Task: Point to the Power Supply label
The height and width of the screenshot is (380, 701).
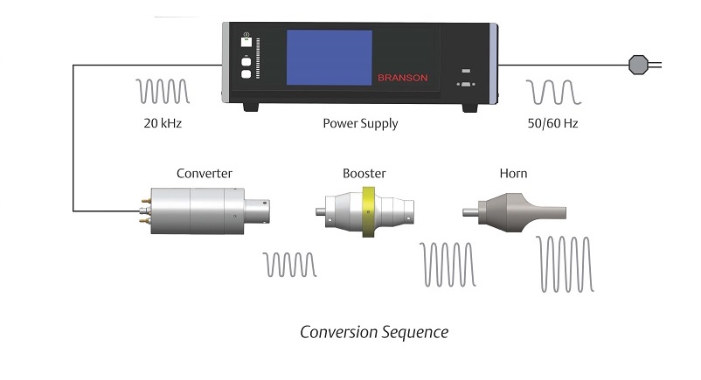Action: pyautogui.click(x=360, y=123)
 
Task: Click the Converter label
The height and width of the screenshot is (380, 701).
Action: pyautogui.click(x=205, y=173)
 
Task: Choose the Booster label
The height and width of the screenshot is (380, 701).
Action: pyautogui.click(x=364, y=173)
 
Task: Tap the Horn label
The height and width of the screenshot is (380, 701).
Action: pyautogui.click(x=513, y=173)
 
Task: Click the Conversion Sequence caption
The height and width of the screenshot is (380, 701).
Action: pyautogui.click(x=374, y=332)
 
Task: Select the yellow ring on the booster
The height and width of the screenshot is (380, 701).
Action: pyautogui.click(x=369, y=211)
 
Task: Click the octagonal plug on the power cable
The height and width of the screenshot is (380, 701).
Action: pyautogui.click(x=638, y=63)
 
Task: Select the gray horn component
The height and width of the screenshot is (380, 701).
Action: pyautogui.click(x=516, y=210)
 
